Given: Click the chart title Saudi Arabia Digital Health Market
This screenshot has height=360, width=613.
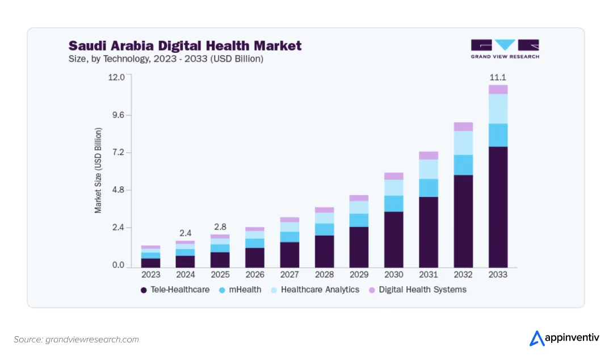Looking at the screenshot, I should [x=185, y=45].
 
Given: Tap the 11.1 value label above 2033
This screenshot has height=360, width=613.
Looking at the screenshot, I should [x=498, y=77].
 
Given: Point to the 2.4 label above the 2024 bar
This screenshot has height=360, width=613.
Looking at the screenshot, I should [x=186, y=233].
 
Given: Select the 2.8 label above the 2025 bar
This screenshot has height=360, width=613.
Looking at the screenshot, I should [x=220, y=227].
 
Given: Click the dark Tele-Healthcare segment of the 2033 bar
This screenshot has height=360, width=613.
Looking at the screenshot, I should [x=498, y=207].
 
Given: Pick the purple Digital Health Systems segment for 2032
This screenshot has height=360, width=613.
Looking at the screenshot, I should [x=463, y=127].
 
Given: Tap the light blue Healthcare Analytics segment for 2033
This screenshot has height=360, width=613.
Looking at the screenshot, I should [x=498, y=108].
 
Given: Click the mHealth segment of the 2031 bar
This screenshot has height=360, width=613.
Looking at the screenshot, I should [x=429, y=188].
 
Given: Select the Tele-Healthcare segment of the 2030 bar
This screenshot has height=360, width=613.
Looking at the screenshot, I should [x=393, y=240].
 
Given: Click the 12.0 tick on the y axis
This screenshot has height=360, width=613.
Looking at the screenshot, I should [x=116, y=77].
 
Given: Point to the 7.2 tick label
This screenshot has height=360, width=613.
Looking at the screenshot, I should [x=117, y=153].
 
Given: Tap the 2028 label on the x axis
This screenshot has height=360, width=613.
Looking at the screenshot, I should [x=324, y=275].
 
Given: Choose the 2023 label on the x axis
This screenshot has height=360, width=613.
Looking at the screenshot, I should [x=150, y=275].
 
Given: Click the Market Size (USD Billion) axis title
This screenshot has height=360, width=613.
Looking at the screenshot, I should [x=98, y=170].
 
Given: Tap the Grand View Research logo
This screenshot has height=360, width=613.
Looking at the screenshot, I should [x=505, y=49].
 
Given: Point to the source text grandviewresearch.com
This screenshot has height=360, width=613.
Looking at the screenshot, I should [x=77, y=340].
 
